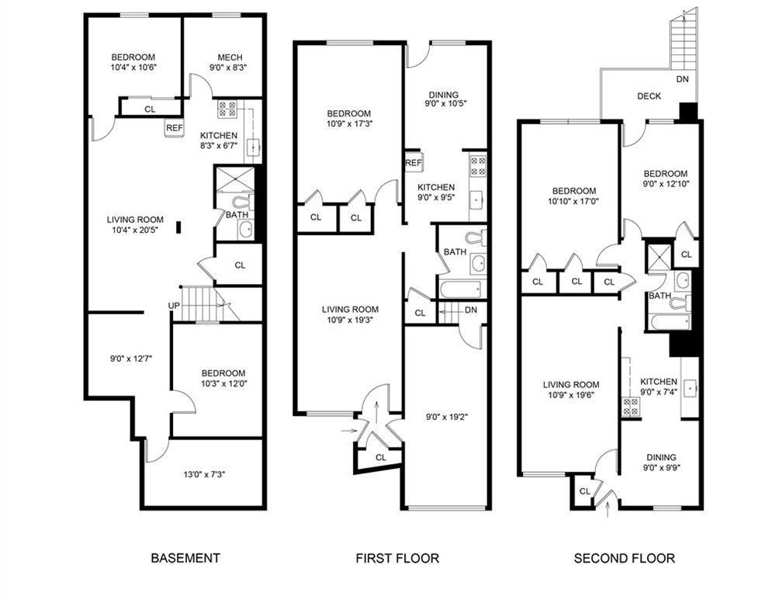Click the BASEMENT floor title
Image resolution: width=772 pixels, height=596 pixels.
click(185, 558)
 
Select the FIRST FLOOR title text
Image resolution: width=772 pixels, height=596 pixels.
click(397, 558)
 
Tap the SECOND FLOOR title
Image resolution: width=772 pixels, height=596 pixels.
click(624, 558)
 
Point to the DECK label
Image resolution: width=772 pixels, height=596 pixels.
click(649, 96)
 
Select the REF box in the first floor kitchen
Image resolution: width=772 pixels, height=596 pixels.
click(413, 163)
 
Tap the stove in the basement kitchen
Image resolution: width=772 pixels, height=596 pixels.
click(227, 109)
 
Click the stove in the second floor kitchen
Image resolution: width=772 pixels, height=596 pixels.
click(631, 406)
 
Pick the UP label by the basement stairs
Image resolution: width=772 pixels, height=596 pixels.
click(174, 306)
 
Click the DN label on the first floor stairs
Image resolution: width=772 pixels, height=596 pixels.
click(471, 310)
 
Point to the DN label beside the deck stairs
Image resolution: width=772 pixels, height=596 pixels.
click(682, 80)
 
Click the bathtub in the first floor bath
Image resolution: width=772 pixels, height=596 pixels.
click(459, 289)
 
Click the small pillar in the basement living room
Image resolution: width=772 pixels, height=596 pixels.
click(179, 227)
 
